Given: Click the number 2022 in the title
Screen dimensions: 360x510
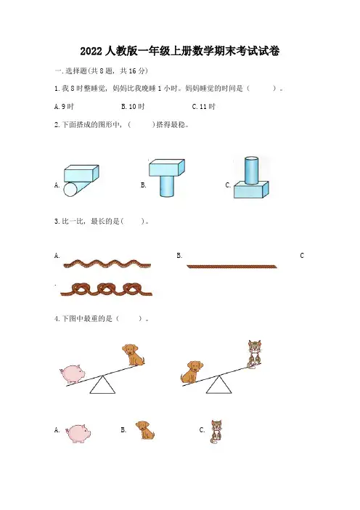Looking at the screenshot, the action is pyautogui.click(x=91, y=52).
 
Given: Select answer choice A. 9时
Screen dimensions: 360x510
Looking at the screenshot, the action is pyautogui.click(x=64, y=106).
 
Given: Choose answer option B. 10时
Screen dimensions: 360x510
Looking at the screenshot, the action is pyautogui.click(x=133, y=106).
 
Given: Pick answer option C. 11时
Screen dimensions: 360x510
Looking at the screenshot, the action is pyautogui.click(x=204, y=106).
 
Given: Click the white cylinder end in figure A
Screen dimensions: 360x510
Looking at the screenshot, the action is pyautogui.click(x=70, y=190).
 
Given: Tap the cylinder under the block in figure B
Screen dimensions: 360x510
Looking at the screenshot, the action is pyautogui.click(x=167, y=186).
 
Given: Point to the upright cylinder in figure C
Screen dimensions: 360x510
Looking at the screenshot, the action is pyautogui.click(x=251, y=171).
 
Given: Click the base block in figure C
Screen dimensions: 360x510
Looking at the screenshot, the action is pyautogui.click(x=251, y=190).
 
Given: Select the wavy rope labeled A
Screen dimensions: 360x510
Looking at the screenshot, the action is pyautogui.click(x=107, y=264).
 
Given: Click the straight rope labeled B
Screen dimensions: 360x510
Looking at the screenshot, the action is pyautogui.click(x=232, y=267).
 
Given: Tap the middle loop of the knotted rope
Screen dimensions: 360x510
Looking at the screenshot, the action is pyautogui.click(x=105, y=288).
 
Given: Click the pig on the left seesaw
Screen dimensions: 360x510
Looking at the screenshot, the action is pyautogui.click(x=73, y=373).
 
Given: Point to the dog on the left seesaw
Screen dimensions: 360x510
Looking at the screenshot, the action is pyautogui.click(x=134, y=355).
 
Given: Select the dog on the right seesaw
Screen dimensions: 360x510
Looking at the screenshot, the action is pyautogui.click(x=192, y=371).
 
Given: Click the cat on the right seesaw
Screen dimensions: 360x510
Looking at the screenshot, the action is pyautogui.click(x=255, y=354).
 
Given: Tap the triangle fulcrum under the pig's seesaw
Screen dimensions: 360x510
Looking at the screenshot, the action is pyautogui.click(x=102, y=385).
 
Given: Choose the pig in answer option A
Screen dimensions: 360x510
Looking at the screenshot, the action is pyautogui.click(x=78, y=433).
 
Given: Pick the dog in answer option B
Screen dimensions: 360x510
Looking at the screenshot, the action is pyautogui.click(x=145, y=430).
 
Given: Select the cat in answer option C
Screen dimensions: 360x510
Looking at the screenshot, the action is pyautogui.click(x=216, y=432).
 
